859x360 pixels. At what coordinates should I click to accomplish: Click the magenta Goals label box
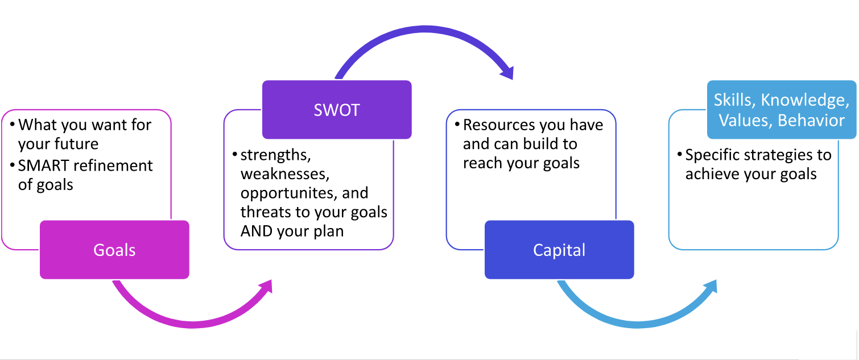tap(114, 250)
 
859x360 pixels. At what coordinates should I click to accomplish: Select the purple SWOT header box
tap(336, 109)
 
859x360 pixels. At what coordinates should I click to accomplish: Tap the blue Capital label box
tap(559, 250)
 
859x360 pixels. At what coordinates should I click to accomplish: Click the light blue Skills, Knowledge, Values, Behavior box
tap(781, 110)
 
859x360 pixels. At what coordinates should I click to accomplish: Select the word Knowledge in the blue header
tap(802, 100)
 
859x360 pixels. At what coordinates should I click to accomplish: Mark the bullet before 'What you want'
tap(11, 125)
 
